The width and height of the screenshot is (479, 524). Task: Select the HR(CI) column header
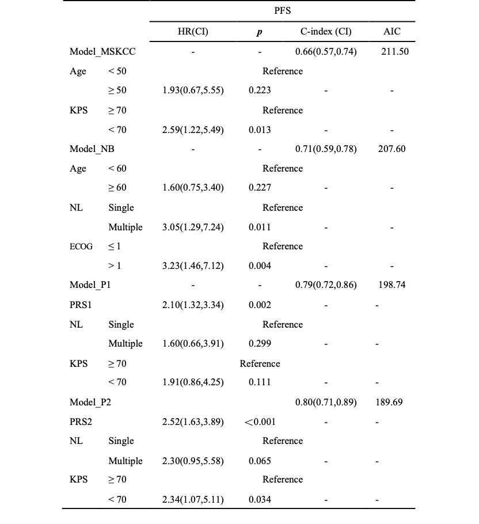193,32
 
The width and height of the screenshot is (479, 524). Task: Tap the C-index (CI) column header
326,32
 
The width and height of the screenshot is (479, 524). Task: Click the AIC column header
392,32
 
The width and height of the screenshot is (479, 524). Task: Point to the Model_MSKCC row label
102,52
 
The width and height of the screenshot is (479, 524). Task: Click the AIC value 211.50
395,52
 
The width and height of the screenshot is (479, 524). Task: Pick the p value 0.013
260,130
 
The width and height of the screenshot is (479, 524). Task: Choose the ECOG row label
80,246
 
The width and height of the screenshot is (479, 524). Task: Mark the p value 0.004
260,266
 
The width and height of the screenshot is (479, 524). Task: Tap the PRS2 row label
81,422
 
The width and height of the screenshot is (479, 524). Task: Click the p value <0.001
260,422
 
